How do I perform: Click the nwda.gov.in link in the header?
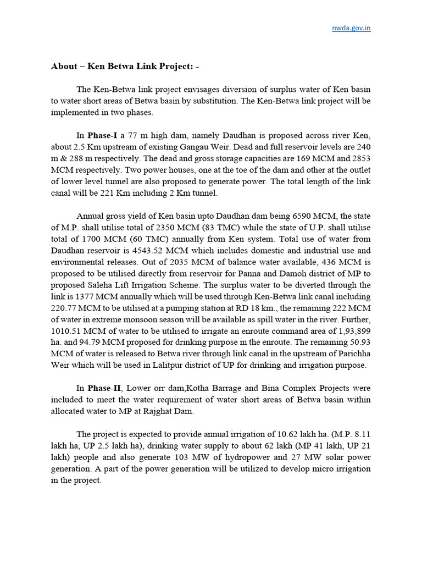pyautogui.click(x=352, y=28)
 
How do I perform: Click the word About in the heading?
pyautogui.click(x=64, y=67)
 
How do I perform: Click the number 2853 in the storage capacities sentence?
pyautogui.click(x=359, y=158)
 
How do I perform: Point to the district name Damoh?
pyautogui.click(x=286, y=274)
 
